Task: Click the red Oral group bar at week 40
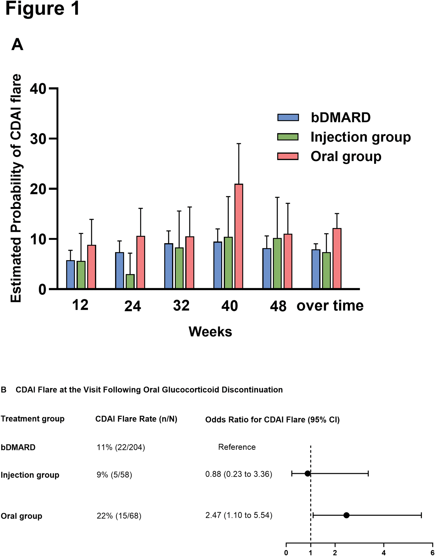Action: [239, 236]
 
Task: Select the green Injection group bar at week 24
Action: [130, 281]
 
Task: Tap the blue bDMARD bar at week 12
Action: [71, 275]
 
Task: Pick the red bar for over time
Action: [337, 258]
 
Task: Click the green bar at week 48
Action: [277, 263]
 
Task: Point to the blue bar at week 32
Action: [169, 266]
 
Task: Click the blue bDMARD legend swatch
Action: [288, 117]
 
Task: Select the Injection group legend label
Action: [361, 138]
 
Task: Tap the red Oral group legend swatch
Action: [288, 156]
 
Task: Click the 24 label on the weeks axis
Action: [133, 306]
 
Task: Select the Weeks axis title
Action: [210, 332]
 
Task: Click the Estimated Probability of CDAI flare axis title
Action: [16, 188]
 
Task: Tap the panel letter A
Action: [17, 45]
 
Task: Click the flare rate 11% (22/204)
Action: [121, 447]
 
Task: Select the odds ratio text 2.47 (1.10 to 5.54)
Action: [239, 515]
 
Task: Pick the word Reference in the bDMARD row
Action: [237, 447]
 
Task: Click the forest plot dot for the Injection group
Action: [308, 474]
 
